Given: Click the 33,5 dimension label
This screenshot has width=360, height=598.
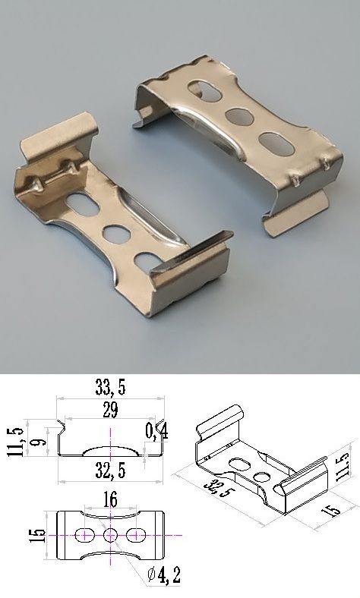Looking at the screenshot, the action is pos(110,387).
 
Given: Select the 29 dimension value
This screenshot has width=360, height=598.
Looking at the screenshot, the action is pos(110,410).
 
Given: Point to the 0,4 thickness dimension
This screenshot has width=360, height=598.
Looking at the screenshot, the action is pos(157,431).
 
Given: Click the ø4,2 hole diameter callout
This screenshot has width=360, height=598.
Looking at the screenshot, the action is pos(164,574).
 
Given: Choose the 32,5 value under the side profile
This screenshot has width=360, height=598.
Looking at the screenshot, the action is pos(110,471).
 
